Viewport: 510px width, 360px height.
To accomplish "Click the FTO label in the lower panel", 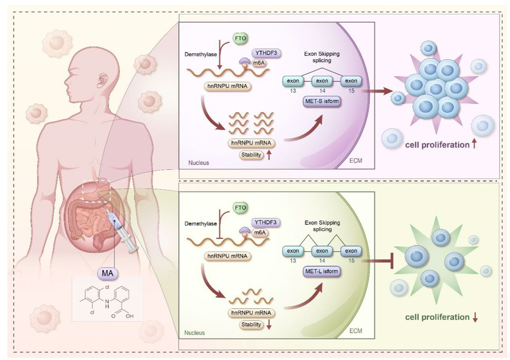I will click(240, 208).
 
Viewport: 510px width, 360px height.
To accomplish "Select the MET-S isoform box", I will click(321, 103).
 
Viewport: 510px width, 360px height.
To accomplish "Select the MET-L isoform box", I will click(321, 271).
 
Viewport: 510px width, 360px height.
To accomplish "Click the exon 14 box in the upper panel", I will click(322, 81).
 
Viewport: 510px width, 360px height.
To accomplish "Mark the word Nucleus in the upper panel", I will click(199, 163).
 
